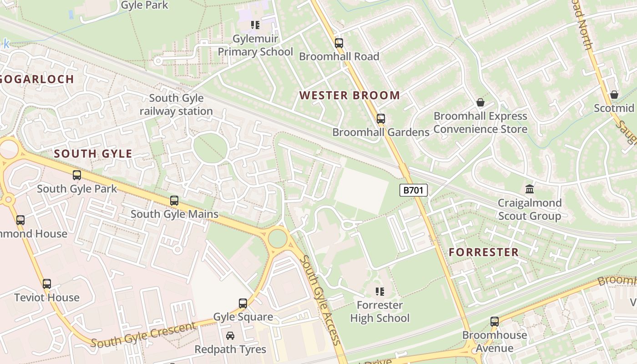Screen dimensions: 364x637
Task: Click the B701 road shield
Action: click(x=414, y=190)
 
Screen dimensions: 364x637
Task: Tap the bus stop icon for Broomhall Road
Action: click(x=339, y=43)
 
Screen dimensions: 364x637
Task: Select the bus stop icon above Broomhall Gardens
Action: click(x=381, y=119)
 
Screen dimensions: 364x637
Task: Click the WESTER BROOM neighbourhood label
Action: click(x=349, y=96)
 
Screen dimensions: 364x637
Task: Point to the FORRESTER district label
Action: click(x=484, y=253)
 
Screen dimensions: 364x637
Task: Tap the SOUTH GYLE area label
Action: click(x=93, y=154)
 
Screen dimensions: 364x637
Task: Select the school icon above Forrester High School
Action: click(x=380, y=291)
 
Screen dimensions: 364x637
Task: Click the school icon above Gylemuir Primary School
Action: click(x=255, y=25)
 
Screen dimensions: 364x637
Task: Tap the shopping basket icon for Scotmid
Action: click(x=614, y=95)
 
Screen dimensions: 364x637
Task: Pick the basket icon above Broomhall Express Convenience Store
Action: click(x=480, y=102)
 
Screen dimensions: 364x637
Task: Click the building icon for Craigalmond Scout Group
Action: click(x=530, y=189)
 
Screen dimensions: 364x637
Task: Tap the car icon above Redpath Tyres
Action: click(x=230, y=336)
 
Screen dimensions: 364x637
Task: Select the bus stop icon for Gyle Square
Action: click(x=243, y=303)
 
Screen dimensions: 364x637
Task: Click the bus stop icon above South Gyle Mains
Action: click(x=174, y=200)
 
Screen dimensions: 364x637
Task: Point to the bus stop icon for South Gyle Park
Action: click(x=77, y=175)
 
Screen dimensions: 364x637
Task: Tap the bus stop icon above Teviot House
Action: click(x=47, y=284)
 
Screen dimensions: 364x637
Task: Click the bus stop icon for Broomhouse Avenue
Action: click(x=495, y=322)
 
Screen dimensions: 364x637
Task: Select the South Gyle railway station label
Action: click(x=176, y=105)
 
